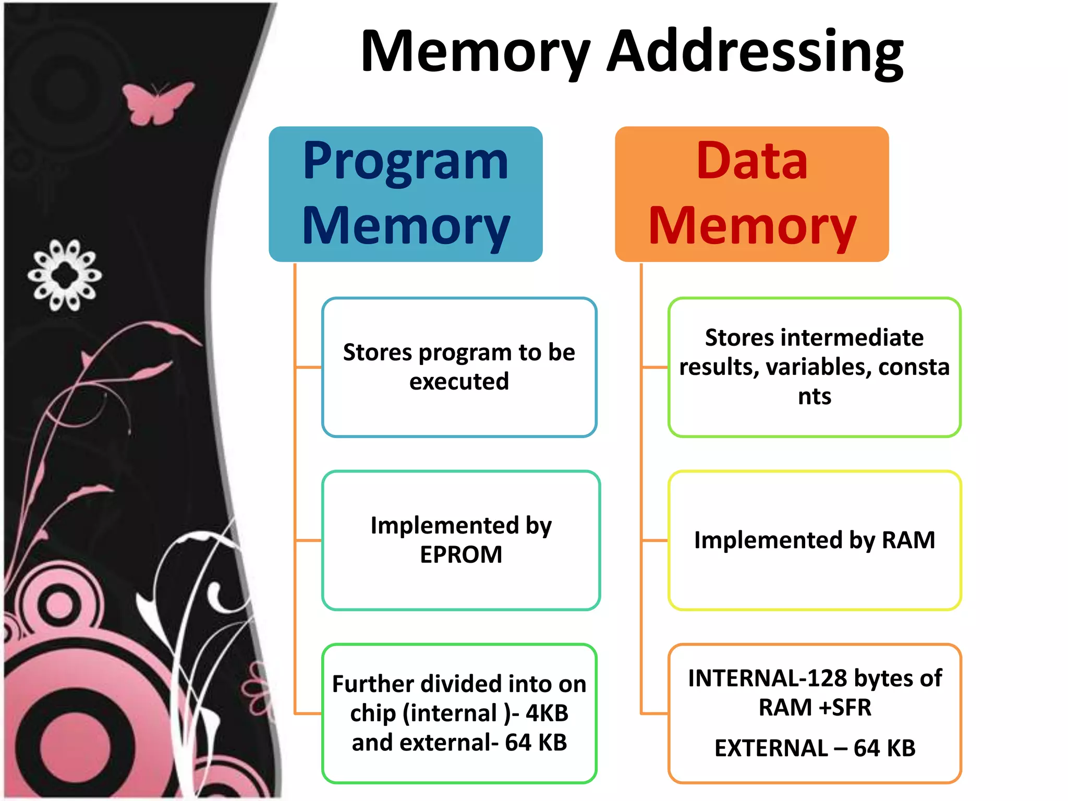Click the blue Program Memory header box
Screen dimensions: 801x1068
406,194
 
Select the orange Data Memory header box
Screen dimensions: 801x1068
751,194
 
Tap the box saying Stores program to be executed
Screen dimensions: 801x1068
459,367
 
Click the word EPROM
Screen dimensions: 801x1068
461,554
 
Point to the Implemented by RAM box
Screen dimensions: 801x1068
814,540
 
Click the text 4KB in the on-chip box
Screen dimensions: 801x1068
547,713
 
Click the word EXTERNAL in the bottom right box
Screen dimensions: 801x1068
771,748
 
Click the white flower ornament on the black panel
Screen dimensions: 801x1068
65,275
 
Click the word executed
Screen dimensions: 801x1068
459,381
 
